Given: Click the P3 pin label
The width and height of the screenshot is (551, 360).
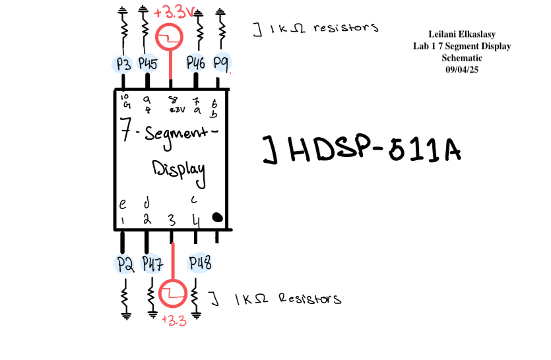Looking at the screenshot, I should point(123,64).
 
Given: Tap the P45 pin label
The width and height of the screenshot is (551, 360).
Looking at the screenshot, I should point(147,64).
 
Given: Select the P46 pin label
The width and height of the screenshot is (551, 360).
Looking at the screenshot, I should point(196,64).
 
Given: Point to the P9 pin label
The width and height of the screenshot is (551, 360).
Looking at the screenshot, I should point(220,64).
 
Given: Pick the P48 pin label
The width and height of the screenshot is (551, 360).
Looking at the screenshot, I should point(200,264).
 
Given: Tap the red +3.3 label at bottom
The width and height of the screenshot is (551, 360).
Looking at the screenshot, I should point(174,321).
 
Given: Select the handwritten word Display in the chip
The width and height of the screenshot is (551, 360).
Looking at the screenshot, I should point(178,169).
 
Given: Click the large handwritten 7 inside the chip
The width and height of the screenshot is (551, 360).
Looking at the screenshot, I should point(124,130).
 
